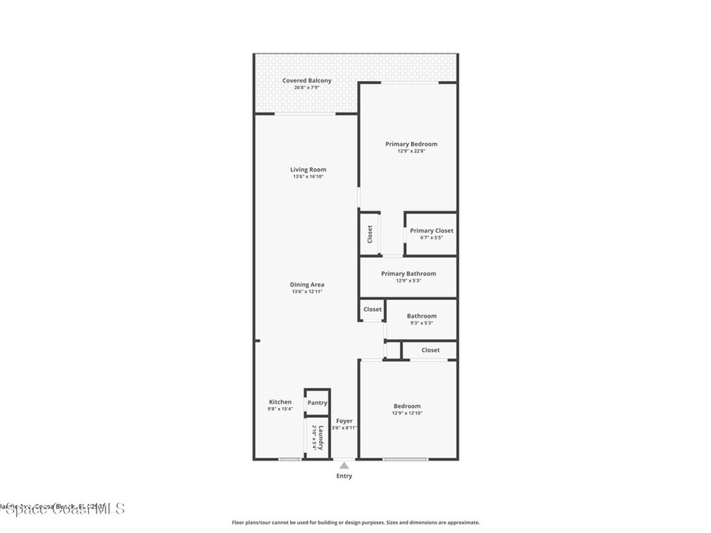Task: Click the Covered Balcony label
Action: (307, 81)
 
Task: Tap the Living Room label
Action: (308, 169)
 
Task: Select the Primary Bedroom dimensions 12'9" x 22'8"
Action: (411, 151)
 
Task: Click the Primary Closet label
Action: (431, 230)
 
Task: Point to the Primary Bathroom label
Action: (408, 273)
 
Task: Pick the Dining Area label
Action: (308, 285)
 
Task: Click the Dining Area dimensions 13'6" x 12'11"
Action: (308, 292)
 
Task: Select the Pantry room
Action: (317, 403)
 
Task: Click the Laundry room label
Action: (317, 438)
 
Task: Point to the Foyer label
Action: (344, 421)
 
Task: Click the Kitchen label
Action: (281, 402)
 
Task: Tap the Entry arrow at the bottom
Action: (344, 465)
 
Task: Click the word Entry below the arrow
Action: (344, 476)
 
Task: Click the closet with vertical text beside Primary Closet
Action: (369, 234)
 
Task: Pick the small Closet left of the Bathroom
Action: (372, 310)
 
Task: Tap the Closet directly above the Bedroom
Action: (430, 350)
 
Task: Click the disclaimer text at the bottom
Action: (355, 523)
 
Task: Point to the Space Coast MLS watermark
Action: (62, 509)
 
